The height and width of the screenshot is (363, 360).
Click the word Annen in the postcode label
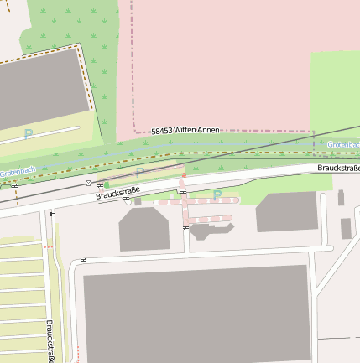207,130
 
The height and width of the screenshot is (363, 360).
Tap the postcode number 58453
165,132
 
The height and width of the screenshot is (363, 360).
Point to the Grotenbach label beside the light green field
342,145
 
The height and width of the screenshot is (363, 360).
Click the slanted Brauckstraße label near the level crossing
117,194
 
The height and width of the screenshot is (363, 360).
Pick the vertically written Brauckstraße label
50,340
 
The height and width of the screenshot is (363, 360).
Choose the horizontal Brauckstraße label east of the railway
337,168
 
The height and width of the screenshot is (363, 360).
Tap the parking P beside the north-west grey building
29,134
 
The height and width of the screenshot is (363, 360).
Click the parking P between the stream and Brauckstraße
140,173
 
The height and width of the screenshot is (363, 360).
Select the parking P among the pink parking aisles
217,195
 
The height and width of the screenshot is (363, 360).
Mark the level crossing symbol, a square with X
88,182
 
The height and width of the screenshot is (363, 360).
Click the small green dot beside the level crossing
107,184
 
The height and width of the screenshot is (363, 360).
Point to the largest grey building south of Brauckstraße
197,314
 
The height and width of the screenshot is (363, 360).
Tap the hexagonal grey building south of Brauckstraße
144,229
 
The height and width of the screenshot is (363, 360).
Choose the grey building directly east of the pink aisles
287,211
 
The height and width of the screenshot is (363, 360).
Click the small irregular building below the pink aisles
202,230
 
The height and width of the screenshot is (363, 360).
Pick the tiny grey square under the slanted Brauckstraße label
137,201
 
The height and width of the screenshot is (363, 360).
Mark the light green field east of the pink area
335,92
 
